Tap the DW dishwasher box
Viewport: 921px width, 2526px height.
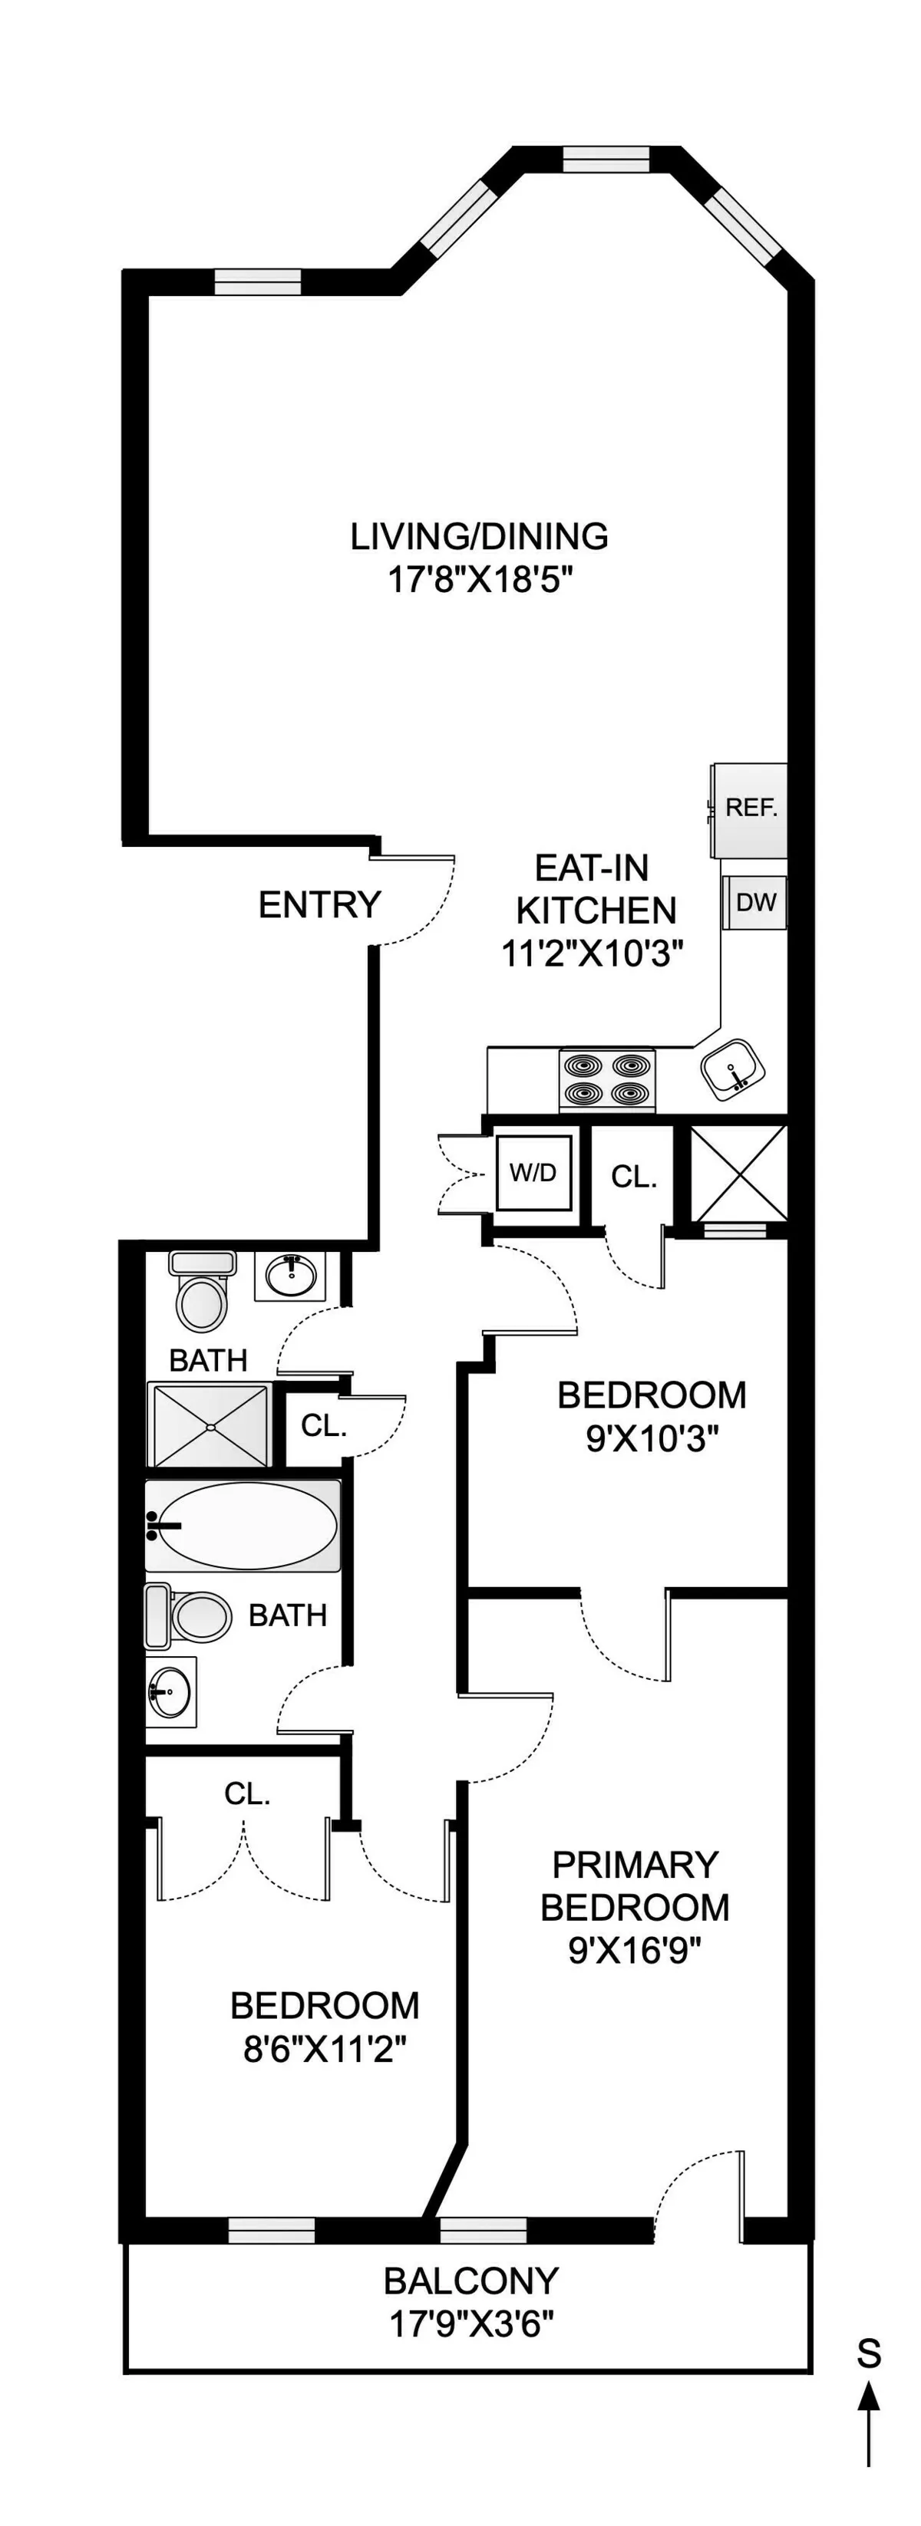pos(755,902)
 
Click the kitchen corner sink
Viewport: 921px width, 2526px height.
pos(731,1068)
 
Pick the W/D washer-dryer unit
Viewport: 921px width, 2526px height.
pos(533,1172)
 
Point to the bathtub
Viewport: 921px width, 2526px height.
pos(243,1525)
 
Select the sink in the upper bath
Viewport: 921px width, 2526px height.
pos(289,1276)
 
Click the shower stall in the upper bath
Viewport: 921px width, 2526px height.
pos(209,1424)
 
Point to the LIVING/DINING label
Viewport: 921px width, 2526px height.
pos(480,536)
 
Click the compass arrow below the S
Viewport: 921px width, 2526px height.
pos(869,2422)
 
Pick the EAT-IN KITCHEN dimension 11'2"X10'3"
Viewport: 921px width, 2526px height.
pos(593,953)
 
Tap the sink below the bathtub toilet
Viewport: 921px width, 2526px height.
pos(169,1691)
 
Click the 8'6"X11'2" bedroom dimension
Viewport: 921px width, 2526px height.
pos(325,2047)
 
